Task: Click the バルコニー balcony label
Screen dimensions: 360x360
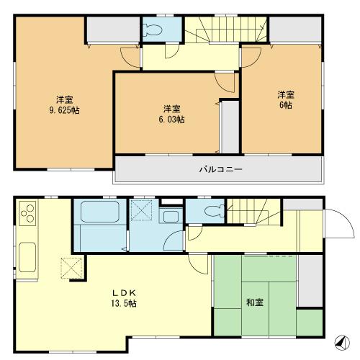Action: pos(220,170)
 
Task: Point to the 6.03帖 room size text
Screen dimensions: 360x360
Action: pos(171,120)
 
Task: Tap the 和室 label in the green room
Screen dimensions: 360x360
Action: pos(255,301)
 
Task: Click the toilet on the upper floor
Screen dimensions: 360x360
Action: pos(151,30)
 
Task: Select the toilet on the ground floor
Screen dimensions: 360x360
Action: pos(211,210)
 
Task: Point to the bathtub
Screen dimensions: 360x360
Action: pos(99,212)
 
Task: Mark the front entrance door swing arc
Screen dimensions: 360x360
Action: pos(337,225)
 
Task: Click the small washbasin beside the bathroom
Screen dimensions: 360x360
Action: pos(171,217)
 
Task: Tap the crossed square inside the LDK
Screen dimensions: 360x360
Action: pos(71,269)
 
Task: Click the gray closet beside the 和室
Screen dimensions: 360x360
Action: pos(310,282)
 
